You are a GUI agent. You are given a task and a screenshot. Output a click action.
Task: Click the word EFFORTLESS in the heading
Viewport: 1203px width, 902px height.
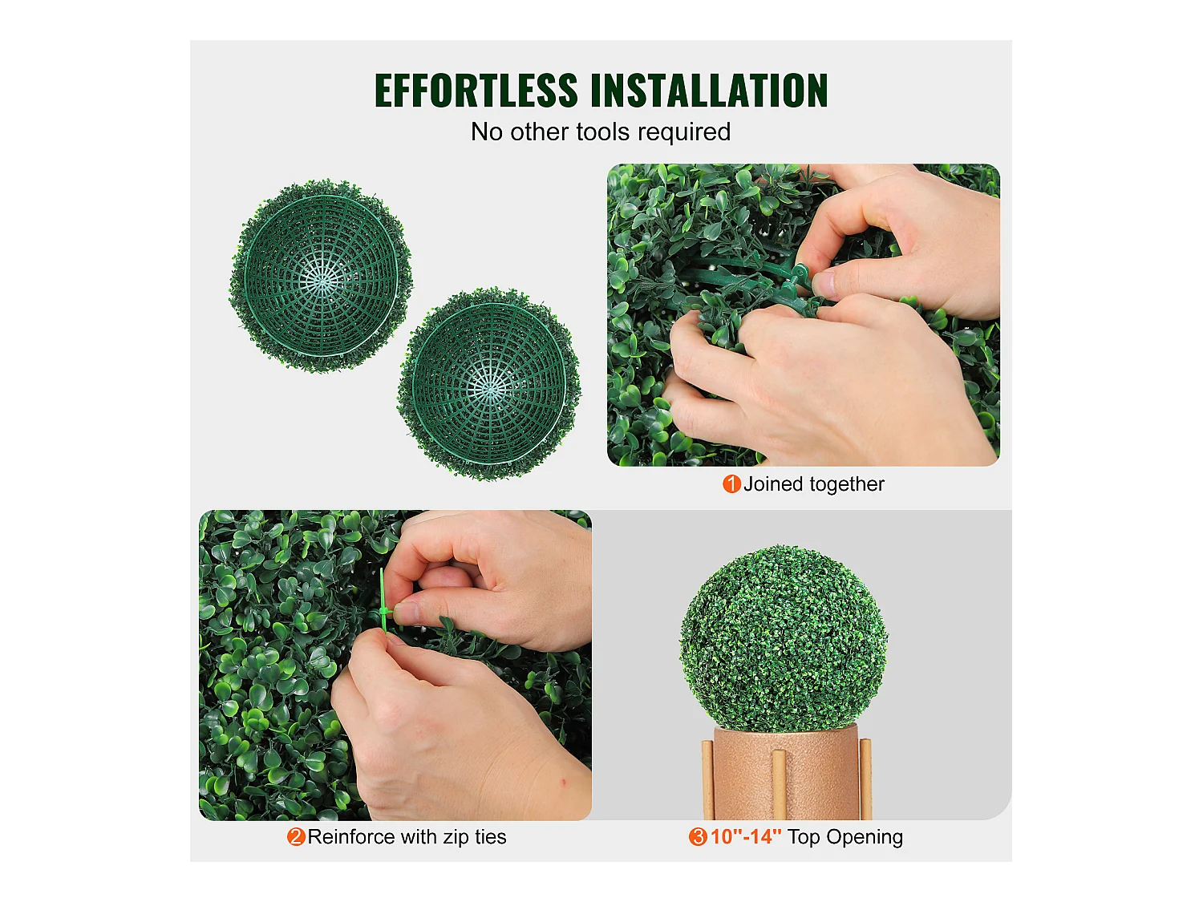476,91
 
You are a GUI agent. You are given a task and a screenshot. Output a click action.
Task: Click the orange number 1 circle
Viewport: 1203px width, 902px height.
731,484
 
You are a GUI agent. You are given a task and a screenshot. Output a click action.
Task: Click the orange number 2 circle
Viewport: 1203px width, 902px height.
296,837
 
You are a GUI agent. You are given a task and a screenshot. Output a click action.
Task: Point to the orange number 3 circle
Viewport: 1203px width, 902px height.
698,837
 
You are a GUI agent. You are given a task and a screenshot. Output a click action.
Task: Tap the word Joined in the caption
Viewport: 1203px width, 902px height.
773,484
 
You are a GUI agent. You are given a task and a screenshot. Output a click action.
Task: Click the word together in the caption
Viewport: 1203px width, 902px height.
847,484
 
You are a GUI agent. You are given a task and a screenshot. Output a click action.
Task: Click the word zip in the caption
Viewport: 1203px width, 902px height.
456,837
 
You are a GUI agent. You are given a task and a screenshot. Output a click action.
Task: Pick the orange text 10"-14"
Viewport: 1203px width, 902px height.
745,837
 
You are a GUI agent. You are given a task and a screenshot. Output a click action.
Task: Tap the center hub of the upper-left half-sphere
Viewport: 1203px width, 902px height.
322,277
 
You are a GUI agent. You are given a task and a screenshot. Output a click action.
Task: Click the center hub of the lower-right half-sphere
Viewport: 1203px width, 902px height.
490,386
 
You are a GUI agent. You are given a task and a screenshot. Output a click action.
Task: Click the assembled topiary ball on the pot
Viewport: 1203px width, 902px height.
784,637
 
